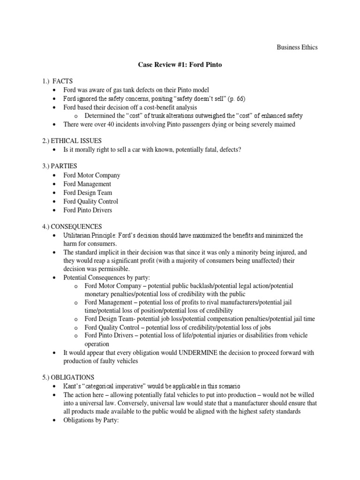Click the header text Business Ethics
pyautogui.click(x=297, y=47)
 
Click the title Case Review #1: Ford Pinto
pyautogui.click(x=180, y=65)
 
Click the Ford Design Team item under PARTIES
pyautogui.click(x=88, y=193)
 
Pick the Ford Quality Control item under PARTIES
pyautogui.click(x=91, y=202)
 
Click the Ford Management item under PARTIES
pyautogui.click(x=87, y=184)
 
